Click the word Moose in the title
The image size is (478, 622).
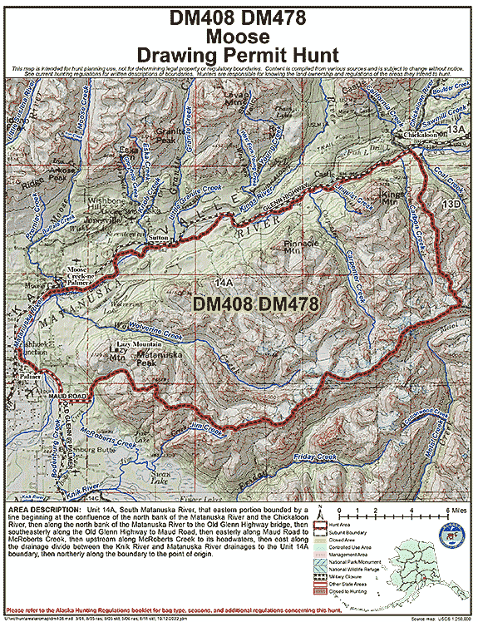(239, 37)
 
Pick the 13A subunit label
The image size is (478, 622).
(456, 130)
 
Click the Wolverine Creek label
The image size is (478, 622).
(153, 333)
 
